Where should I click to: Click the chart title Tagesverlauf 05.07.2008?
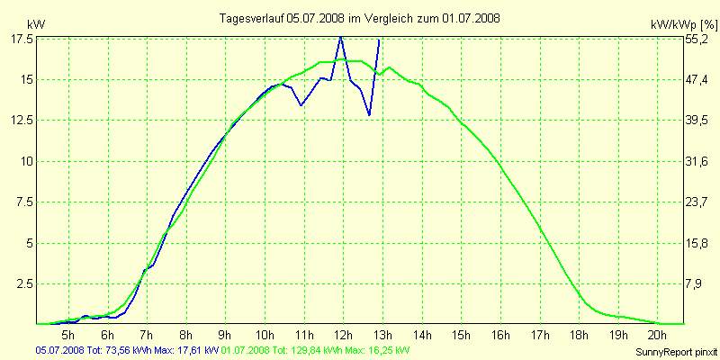tap(360, 18)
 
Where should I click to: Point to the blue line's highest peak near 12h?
tap(340, 37)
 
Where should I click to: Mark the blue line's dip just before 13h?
tap(369, 115)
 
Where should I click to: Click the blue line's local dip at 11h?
tap(301, 105)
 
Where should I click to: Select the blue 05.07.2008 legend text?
tap(126, 350)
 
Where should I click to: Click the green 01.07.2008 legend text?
tap(315, 350)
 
